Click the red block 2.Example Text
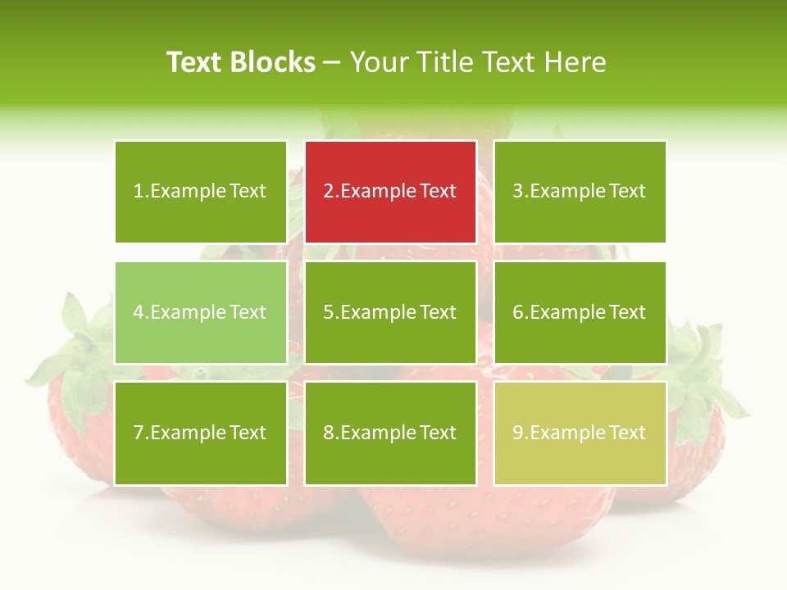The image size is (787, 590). (x=390, y=192)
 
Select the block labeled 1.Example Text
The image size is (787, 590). (x=201, y=192)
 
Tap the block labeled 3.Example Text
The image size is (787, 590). (x=580, y=192)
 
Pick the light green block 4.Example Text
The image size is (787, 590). (x=201, y=312)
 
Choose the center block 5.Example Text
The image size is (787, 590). (x=390, y=312)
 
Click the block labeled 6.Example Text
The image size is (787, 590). (x=580, y=312)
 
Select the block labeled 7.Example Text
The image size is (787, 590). (x=201, y=433)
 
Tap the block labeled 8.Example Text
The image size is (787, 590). (x=390, y=433)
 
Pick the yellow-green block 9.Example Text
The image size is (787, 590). (x=580, y=433)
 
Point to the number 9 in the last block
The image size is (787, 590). (x=517, y=433)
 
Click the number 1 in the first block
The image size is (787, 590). (x=138, y=192)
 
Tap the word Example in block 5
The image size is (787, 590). (x=378, y=312)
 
